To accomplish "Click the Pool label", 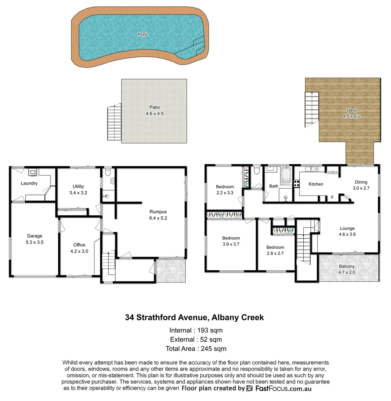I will (142, 35).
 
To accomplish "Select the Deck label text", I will (352, 110).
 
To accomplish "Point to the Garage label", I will (34, 236).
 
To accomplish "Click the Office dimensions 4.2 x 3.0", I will (79, 251).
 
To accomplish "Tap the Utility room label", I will (78, 186).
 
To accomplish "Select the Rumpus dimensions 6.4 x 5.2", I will (158, 218).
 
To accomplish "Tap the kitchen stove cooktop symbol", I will (297, 183).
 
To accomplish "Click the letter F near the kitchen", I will (332, 198).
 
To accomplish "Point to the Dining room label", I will (361, 182).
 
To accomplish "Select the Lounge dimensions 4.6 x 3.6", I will (347, 235).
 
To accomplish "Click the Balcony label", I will (347, 266).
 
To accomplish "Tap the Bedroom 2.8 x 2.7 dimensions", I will (275, 254).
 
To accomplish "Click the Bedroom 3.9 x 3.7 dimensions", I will (231, 244).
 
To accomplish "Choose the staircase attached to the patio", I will (114, 123).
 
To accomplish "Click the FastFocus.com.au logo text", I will (283, 388).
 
